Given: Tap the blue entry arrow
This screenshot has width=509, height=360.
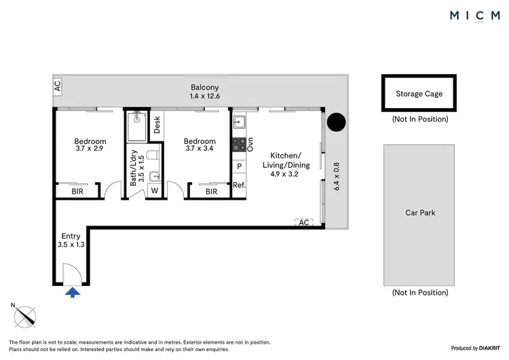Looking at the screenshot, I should point(73,292).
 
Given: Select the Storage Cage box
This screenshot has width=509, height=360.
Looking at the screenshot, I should point(419,94).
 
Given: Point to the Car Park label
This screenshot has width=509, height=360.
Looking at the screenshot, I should point(419,213).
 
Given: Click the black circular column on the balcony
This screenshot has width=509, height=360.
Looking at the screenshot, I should point(336,122).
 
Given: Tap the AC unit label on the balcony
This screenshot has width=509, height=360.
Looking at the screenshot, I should point(58,86).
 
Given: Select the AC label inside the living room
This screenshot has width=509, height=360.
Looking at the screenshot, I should point(303,222).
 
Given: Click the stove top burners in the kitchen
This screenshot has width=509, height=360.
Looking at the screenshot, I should point(238,144).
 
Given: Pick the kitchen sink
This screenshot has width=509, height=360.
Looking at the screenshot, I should point(239,123).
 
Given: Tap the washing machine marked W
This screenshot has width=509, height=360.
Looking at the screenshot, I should point(155,191).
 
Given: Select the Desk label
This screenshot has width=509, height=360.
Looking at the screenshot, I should point(157,125).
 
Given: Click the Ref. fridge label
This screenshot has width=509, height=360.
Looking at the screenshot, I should point(238,185).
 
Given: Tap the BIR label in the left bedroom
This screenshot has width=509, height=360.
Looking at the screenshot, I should point(78,192).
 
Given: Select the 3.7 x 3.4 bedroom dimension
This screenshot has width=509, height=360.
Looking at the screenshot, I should point(200,151).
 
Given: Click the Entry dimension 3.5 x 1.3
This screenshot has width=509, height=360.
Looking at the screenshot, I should point(72,245).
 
